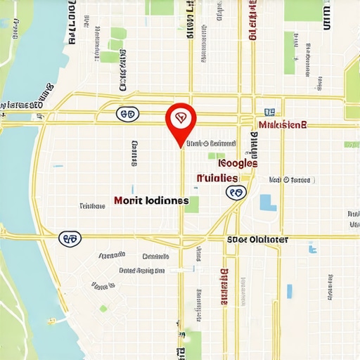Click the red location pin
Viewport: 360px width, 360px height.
point(181,121)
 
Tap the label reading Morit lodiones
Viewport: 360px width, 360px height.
point(151,200)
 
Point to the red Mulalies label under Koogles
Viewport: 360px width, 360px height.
point(218,178)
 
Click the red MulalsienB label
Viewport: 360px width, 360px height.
point(283,125)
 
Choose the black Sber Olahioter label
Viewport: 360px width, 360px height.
point(257,239)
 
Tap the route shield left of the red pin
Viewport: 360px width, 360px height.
point(127,113)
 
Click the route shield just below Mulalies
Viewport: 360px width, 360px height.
point(236,191)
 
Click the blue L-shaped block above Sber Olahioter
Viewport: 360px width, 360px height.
point(266,203)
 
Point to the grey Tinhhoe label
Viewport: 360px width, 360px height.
point(91,207)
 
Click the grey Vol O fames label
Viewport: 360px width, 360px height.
point(290,180)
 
